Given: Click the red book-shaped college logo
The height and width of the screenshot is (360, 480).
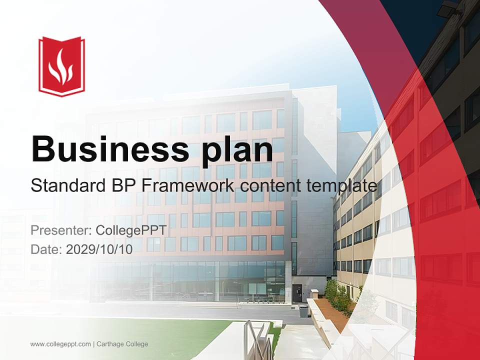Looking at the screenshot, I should (61, 66).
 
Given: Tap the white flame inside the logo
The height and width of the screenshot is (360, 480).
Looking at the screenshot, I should (61, 67).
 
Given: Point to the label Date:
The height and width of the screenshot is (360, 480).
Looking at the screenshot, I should (46, 249).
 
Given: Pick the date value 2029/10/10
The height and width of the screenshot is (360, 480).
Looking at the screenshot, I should (99, 249).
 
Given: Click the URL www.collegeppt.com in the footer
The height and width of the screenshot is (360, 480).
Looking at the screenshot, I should (60, 344).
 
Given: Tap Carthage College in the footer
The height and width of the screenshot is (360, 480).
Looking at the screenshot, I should (122, 344).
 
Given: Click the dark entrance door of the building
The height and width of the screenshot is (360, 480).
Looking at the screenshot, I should (297, 293).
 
